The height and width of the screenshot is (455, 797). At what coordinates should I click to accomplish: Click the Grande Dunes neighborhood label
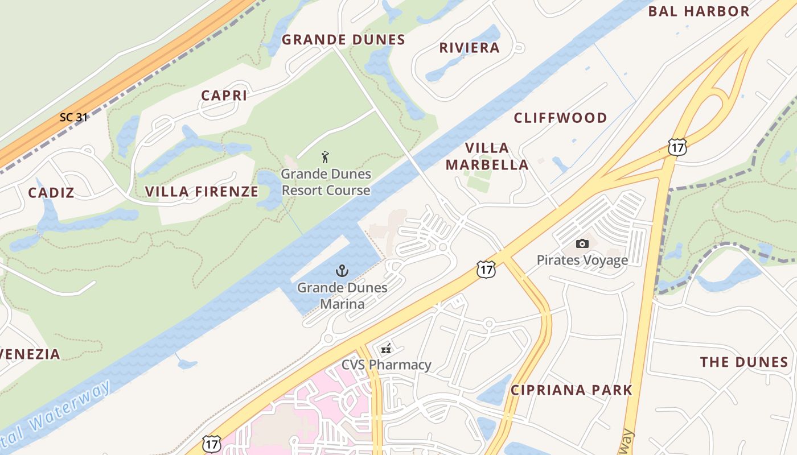343,40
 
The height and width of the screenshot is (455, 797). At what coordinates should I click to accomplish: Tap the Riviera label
469,48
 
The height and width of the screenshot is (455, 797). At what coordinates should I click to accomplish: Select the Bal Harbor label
699,11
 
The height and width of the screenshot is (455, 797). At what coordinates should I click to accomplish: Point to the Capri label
224,96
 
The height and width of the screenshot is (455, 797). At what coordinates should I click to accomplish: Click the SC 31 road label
73,117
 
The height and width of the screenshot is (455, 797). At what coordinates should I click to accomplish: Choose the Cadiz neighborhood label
51,193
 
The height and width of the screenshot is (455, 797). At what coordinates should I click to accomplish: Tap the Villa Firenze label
202,192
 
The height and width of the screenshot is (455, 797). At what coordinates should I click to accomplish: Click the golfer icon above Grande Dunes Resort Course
325,157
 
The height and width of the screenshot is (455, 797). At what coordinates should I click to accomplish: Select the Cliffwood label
560,118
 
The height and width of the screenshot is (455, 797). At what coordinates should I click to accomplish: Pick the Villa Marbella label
487,156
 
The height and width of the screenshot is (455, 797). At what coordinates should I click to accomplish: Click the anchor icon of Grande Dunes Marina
342,271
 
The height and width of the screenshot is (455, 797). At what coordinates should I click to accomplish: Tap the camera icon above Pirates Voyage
582,243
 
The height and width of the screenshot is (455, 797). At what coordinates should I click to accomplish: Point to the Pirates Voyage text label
582,260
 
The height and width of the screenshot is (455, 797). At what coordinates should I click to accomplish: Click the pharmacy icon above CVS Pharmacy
386,349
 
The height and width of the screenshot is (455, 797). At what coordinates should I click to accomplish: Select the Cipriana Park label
571,390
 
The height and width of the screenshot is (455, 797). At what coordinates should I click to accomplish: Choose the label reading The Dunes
743,362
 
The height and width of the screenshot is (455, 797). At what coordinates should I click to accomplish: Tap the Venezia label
30,354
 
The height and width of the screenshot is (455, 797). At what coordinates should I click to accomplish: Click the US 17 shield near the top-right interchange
677,147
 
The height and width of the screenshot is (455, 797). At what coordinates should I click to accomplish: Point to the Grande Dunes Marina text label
342,296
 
